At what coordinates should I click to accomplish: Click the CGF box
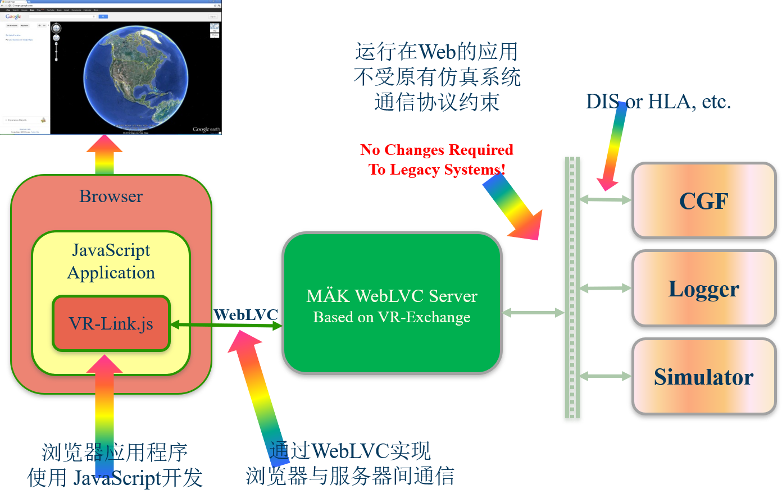point(704,200)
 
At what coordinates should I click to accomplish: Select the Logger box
point(703,289)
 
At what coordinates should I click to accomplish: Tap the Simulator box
point(703,377)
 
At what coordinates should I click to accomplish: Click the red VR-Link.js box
point(111,324)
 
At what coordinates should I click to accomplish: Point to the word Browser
point(111,196)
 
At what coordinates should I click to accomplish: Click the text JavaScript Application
point(111,261)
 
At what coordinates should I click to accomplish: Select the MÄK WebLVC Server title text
point(392,296)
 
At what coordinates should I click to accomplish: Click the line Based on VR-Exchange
point(392,317)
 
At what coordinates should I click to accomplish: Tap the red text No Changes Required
point(437,150)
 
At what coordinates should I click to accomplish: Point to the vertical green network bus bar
point(572,289)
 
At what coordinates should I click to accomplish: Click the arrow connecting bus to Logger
point(605,288)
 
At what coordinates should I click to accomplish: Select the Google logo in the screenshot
point(13,17)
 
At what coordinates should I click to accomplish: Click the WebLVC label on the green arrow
point(245,314)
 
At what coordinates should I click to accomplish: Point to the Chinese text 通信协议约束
point(437,102)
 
